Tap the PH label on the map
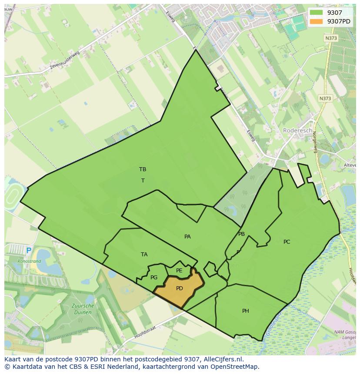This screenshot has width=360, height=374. click(x=246, y=311)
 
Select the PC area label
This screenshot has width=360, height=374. click(x=287, y=242)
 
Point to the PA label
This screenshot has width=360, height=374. click(x=187, y=237)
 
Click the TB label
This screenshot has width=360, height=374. click(x=143, y=169)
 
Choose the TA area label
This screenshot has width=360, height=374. click(x=144, y=255)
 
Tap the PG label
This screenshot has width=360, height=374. click(x=154, y=278)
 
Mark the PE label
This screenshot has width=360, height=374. click(x=179, y=271)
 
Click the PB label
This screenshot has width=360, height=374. click(x=241, y=234)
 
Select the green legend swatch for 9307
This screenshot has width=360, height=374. click(x=317, y=13)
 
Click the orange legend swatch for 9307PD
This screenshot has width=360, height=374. click(x=317, y=21)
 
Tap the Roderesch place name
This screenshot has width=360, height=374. click(x=297, y=130)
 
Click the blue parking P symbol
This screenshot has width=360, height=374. click(x=29, y=251)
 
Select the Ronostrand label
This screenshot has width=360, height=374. click(x=29, y=261)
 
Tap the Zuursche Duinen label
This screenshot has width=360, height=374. click(x=82, y=309)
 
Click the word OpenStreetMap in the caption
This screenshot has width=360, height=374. click(x=234, y=367)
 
